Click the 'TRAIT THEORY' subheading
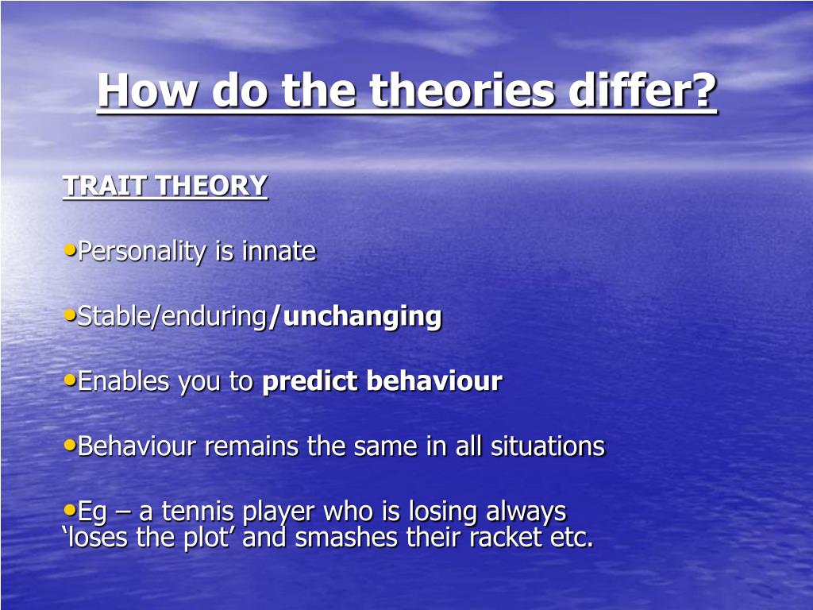click(x=165, y=186)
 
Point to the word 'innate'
click(x=279, y=251)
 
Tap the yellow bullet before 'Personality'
click(x=70, y=250)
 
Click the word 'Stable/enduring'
click(x=171, y=317)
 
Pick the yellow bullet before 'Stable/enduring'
click(x=70, y=315)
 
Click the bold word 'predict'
click(x=310, y=381)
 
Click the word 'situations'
click(x=548, y=446)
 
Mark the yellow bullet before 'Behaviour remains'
click(x=70, y=445)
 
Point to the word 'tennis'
click(x=198, y=511)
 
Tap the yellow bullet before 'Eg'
click(x=70, y=510)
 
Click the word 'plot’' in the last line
click(x=207, y=538)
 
